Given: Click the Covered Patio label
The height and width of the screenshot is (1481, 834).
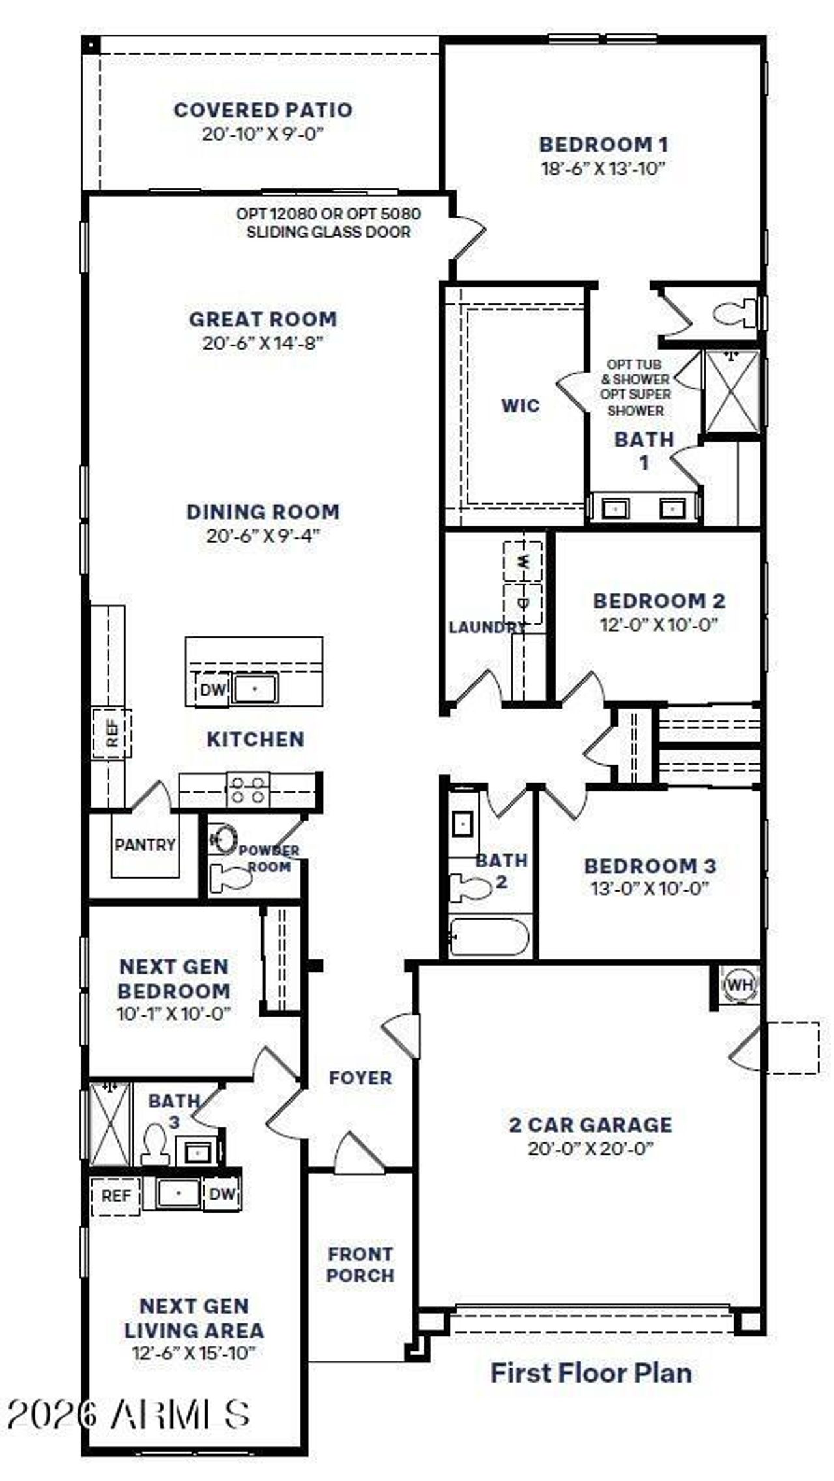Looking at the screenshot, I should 263,109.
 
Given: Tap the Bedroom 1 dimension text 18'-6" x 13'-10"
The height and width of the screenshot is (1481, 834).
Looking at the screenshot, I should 603,169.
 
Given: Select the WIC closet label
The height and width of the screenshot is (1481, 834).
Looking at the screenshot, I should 520,406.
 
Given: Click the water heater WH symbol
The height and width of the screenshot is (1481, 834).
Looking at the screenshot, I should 738,984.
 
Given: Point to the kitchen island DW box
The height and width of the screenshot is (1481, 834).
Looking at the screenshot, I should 212,690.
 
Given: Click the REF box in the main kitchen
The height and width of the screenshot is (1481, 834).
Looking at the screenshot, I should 112,734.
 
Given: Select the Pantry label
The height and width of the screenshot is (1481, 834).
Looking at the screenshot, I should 145,845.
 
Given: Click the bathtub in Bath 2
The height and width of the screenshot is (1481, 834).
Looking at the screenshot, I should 489,937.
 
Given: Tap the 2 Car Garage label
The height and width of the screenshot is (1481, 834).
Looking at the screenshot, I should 590,1125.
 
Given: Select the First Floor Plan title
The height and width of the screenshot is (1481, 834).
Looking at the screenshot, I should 590,1373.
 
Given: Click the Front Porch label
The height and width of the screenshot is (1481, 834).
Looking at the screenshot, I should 360,1264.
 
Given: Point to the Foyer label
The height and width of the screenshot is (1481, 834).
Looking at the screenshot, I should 360,1078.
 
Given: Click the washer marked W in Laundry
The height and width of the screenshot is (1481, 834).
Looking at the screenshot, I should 523,561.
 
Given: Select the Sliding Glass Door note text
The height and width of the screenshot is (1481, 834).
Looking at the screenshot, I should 328,223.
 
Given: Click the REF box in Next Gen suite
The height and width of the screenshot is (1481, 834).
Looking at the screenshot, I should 115,1196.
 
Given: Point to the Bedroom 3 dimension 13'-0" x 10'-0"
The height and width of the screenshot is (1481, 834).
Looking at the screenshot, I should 650,889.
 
